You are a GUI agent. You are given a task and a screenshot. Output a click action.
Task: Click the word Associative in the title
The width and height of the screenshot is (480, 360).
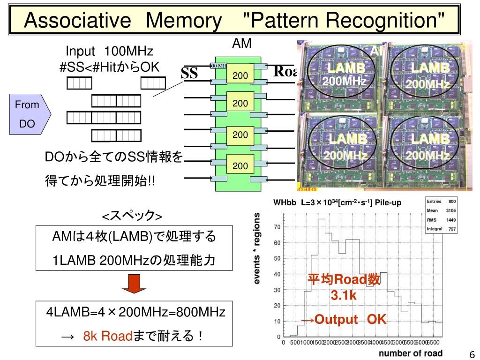(x=77, y=20)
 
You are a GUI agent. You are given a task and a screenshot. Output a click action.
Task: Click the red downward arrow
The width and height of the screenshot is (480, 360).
(x=135, y=284)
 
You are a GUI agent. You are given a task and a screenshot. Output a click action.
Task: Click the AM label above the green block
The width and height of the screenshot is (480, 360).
(x=242, y=44)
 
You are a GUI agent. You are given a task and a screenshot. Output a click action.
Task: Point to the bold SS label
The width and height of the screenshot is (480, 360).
(x=190, y=74)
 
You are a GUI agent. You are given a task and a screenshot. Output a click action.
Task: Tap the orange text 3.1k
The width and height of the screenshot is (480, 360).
(x=344, y=296)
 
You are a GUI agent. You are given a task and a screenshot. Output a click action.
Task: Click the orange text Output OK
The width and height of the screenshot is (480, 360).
(x=344, y=320)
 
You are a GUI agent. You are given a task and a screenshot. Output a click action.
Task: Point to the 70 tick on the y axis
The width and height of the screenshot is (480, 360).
(x=277, y=227)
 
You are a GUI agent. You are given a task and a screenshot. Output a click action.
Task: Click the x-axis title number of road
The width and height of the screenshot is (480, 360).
(x=411, y=353)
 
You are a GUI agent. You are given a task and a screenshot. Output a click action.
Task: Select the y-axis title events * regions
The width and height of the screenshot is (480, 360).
(x=257, y=248)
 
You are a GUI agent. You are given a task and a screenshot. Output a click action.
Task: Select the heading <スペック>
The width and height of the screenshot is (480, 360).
(x=133, y=216)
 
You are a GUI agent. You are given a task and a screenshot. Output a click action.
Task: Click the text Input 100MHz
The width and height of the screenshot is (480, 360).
(x=109, y=51)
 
